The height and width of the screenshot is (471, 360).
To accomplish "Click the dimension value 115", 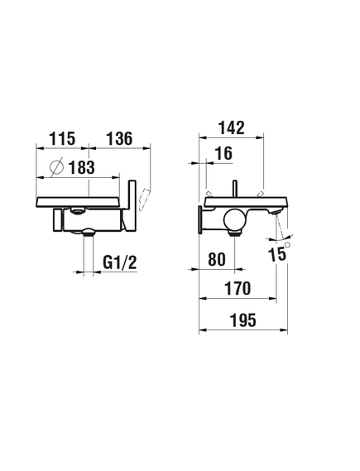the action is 62,138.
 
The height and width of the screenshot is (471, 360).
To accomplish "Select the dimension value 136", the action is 119,138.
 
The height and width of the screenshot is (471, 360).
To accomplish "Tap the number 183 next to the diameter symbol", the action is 81,167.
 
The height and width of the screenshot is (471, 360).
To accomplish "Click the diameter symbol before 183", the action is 57,167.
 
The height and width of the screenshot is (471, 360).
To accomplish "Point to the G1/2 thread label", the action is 120,262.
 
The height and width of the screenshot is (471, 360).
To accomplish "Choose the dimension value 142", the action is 232,127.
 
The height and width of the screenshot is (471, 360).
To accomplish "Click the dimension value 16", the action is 224,153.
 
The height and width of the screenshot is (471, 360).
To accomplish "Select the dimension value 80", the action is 217,259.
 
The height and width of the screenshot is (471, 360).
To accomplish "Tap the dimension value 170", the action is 238,288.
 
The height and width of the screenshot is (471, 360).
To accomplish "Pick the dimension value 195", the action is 243,320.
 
